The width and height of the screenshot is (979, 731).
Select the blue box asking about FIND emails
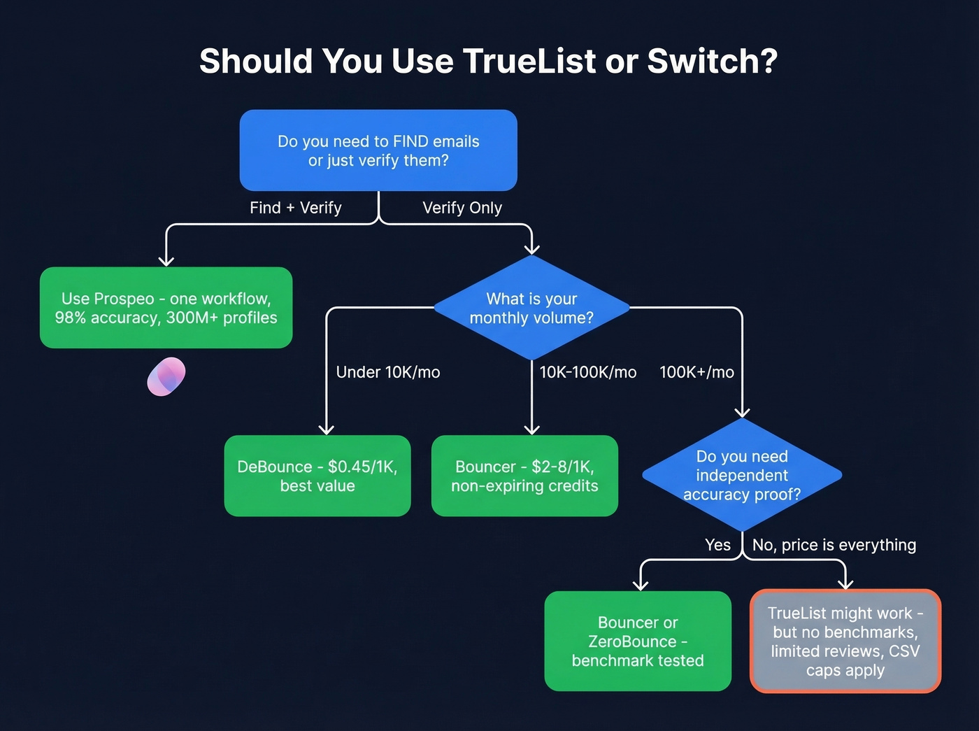tap(378, 150)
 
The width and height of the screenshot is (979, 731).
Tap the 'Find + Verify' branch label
tap(296, 208)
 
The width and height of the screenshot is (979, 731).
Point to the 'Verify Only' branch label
tap(462, 208)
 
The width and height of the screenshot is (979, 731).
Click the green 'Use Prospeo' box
tap(166, 308)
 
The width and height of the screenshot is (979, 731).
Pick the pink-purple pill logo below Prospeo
tap(166, 376)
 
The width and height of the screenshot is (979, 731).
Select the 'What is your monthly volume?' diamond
tap(531, 308)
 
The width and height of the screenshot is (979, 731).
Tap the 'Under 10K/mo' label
tap(388, 372)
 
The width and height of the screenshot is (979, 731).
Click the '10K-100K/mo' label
tap(588, 372)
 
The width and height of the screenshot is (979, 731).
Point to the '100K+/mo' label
tap(696, 372)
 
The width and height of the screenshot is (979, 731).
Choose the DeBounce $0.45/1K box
tap(317, 476)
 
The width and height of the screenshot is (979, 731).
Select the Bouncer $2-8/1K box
tap(524, 476)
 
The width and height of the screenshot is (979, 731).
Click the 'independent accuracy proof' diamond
tap(742, 475)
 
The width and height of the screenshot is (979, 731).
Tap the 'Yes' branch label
tap(717, 545)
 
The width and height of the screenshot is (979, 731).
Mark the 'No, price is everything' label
tap(834, 545)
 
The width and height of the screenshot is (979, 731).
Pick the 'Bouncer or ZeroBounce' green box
tap(638, 641)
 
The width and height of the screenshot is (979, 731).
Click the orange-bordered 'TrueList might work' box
tap(845, 641)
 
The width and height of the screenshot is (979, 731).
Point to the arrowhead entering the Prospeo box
tap(166, 260)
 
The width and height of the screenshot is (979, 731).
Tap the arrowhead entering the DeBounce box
tap(326, 428)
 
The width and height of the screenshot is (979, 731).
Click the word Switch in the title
tap(711, 61)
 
